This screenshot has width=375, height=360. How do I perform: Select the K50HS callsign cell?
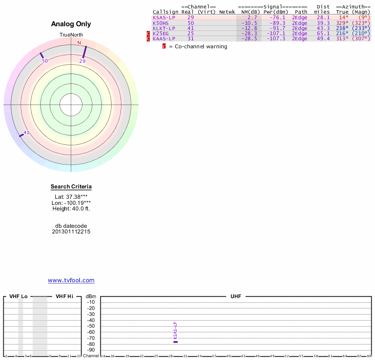click(x=161, y=22)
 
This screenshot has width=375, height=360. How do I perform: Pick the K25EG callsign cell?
click(x=161, y=33)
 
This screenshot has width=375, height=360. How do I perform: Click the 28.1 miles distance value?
click(x=323, y=17)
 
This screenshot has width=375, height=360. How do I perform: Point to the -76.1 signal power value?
click(x=279, y=17)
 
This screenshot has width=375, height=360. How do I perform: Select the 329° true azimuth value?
click(x=342, y=22)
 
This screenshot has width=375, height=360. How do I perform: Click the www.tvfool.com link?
click(x=71, y=280)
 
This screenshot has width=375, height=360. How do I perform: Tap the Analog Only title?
click(x=71, y=24)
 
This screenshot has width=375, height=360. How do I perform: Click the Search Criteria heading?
click(x=71, y=187)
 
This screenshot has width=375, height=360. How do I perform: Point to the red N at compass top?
click(x=79, y=43)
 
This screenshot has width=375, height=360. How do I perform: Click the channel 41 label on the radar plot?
click(x=26, y=133)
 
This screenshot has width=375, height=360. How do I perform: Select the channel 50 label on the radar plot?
click(x=45, y=61)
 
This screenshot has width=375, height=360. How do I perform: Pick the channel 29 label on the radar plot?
click(x=82, y=61)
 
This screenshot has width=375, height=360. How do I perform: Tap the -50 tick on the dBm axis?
click(x=91, y=326)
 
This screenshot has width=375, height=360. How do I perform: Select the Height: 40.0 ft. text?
click(x=71, y=209)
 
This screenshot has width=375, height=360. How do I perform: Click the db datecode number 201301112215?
click(x=71, y=232)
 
